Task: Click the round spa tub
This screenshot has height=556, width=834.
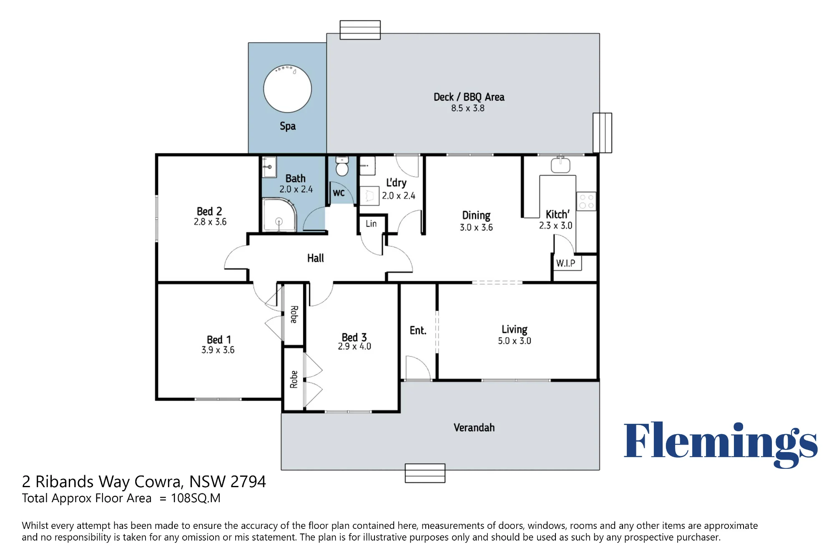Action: [x=287, y=89]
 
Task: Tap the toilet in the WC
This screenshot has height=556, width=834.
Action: [x=342, y=166]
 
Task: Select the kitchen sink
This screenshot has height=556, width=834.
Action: [x=560, y=165]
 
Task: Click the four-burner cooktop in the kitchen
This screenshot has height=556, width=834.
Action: [x=586, y=201]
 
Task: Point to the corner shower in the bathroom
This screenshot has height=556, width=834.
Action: [x=279, y=215]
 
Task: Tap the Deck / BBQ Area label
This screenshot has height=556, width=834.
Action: [x=469, y=97]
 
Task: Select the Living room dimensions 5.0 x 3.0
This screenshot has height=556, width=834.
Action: [x=514, y=341]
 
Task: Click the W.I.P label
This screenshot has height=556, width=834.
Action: [x=565, y=263]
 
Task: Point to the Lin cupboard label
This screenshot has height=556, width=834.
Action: [x=371, y=224]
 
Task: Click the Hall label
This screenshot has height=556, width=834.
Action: [x=315, y=258]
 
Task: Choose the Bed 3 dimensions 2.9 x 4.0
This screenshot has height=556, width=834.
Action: [x=354, y=346]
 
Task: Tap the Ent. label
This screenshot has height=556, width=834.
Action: [x=418, y=331]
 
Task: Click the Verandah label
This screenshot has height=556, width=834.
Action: [x=474, y=428]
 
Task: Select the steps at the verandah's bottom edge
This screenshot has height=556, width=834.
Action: [x=425, y=473]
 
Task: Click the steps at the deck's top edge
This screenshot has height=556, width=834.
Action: [x=360, y=30]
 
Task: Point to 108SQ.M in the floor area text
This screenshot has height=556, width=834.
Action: [x=196, y=498]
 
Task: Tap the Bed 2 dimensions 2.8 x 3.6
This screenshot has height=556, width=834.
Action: [x=210, y=222]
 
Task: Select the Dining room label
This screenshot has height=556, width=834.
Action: [x=476, y=216]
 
